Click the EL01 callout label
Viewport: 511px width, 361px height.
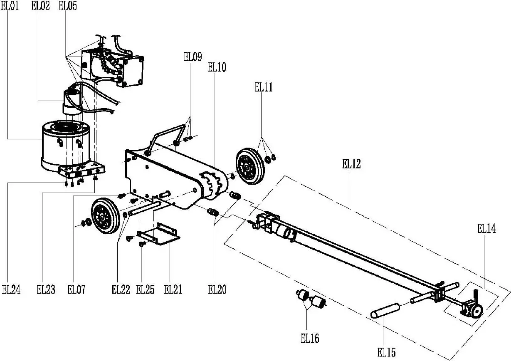point(10,6)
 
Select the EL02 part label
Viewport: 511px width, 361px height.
point(40,6)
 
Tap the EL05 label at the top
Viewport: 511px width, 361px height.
point(68,6)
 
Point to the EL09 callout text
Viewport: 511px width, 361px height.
point(193,57)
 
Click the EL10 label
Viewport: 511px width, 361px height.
point(217,67)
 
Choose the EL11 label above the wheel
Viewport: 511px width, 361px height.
point(264,87)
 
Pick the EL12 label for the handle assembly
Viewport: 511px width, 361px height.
point(351,163)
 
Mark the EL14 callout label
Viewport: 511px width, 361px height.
point(486,229)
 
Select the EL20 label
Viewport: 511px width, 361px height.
point(217,289)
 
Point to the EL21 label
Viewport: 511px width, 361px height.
point(173,289)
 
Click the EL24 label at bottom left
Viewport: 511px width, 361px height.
point(11,289)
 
